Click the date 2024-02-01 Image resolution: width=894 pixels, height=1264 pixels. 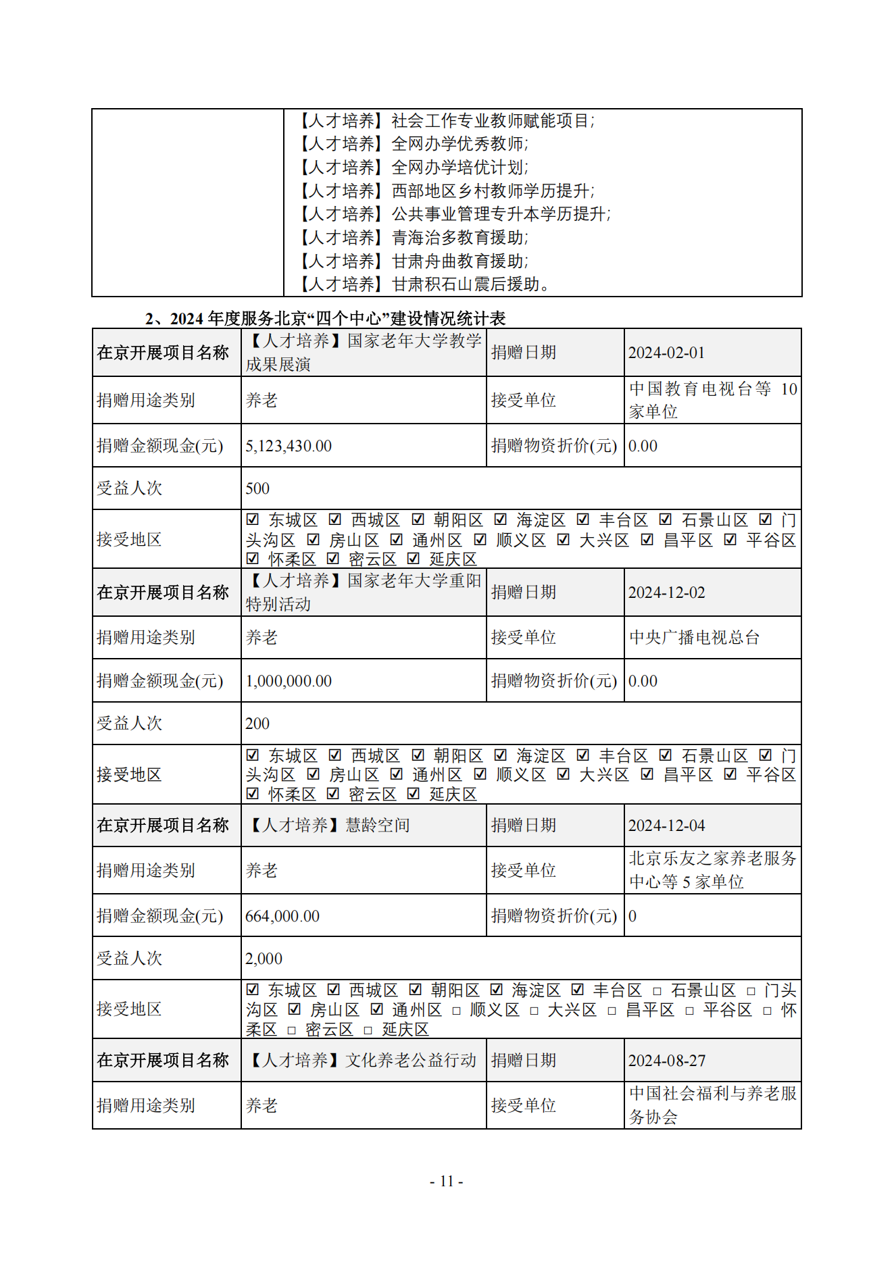666,353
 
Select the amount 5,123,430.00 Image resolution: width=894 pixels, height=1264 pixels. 289,446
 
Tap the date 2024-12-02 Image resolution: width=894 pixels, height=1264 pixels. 666,592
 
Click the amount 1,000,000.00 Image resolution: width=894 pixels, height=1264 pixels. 289,681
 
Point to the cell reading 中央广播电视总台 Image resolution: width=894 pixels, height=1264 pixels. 694,637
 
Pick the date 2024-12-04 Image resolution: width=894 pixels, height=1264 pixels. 666,826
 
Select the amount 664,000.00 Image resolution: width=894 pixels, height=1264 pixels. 282,916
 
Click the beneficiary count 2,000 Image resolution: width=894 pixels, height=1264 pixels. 264,959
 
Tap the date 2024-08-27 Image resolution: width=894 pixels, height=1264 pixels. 666,1061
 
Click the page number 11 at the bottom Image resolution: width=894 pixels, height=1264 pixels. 447,1181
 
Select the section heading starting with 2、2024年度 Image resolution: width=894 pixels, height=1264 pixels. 325,318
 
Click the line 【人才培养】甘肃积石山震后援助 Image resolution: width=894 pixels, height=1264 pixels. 424,284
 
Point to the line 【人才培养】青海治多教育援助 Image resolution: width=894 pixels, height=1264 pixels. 414,238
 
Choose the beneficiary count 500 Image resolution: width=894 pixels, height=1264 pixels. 257,488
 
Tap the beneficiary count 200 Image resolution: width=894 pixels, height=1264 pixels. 257,724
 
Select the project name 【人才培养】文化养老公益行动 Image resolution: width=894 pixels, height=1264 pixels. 362,1061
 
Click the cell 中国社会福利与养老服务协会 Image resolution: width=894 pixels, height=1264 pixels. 712,1105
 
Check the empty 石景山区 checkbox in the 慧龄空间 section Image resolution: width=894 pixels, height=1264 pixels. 657,991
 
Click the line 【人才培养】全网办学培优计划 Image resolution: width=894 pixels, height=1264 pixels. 414,168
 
